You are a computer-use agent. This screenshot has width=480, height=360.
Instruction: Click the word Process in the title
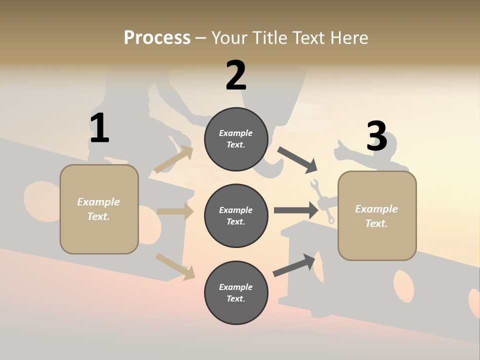pos(157,37)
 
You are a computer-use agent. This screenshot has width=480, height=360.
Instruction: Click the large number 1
pos(99,128)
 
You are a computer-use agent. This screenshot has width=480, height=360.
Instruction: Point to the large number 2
pos(236,75)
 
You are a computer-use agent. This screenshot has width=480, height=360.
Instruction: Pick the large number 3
pos(376,136)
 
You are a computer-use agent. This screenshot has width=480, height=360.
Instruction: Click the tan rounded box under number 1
pos(99,209)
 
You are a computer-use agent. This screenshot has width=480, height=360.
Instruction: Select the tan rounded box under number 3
pos(377,216)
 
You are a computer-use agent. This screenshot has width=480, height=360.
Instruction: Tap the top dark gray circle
pos(236,139)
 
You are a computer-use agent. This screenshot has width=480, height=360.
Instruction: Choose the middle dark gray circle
pos(236,216)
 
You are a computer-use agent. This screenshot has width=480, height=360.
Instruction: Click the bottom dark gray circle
pos(236,293)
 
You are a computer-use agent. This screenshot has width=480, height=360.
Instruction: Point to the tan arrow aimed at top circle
pos(174,159)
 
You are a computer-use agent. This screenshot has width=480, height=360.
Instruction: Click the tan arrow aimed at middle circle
pos(175,211)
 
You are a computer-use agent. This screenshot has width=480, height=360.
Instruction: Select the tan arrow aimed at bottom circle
pos(175,266)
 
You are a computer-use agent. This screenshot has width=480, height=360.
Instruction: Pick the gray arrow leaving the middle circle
pos(296,210)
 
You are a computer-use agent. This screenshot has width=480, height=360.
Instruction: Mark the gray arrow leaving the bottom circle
pos(294,265)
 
